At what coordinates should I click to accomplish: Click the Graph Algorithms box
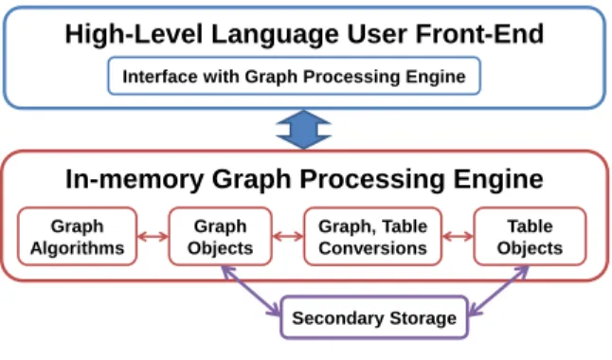pos(78,237)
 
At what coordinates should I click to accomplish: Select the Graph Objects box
pos(220,237)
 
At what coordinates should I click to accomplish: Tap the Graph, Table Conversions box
pos(372,237)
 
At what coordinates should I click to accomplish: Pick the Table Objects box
pos(530,237)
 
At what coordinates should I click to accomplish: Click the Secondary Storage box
pos(374,317)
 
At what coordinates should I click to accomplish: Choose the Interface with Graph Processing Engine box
pos(294,76)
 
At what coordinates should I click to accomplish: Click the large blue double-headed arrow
pos(304,130)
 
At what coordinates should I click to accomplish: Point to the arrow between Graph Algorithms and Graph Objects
pos(153,236)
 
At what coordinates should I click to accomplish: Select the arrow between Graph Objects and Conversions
pos(288,236)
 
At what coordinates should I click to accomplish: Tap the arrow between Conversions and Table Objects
pos(458,236)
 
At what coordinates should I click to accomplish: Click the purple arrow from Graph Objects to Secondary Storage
pos(250,291)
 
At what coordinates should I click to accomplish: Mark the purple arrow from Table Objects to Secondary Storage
pos(498,291)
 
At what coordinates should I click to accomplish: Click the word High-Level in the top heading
pos(134,34)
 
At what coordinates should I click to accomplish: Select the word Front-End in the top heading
pos(479,34)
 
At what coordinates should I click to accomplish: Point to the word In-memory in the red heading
pos(135,179)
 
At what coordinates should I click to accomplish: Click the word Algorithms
pos(78,248)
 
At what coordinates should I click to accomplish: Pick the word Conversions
pos(372,248)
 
